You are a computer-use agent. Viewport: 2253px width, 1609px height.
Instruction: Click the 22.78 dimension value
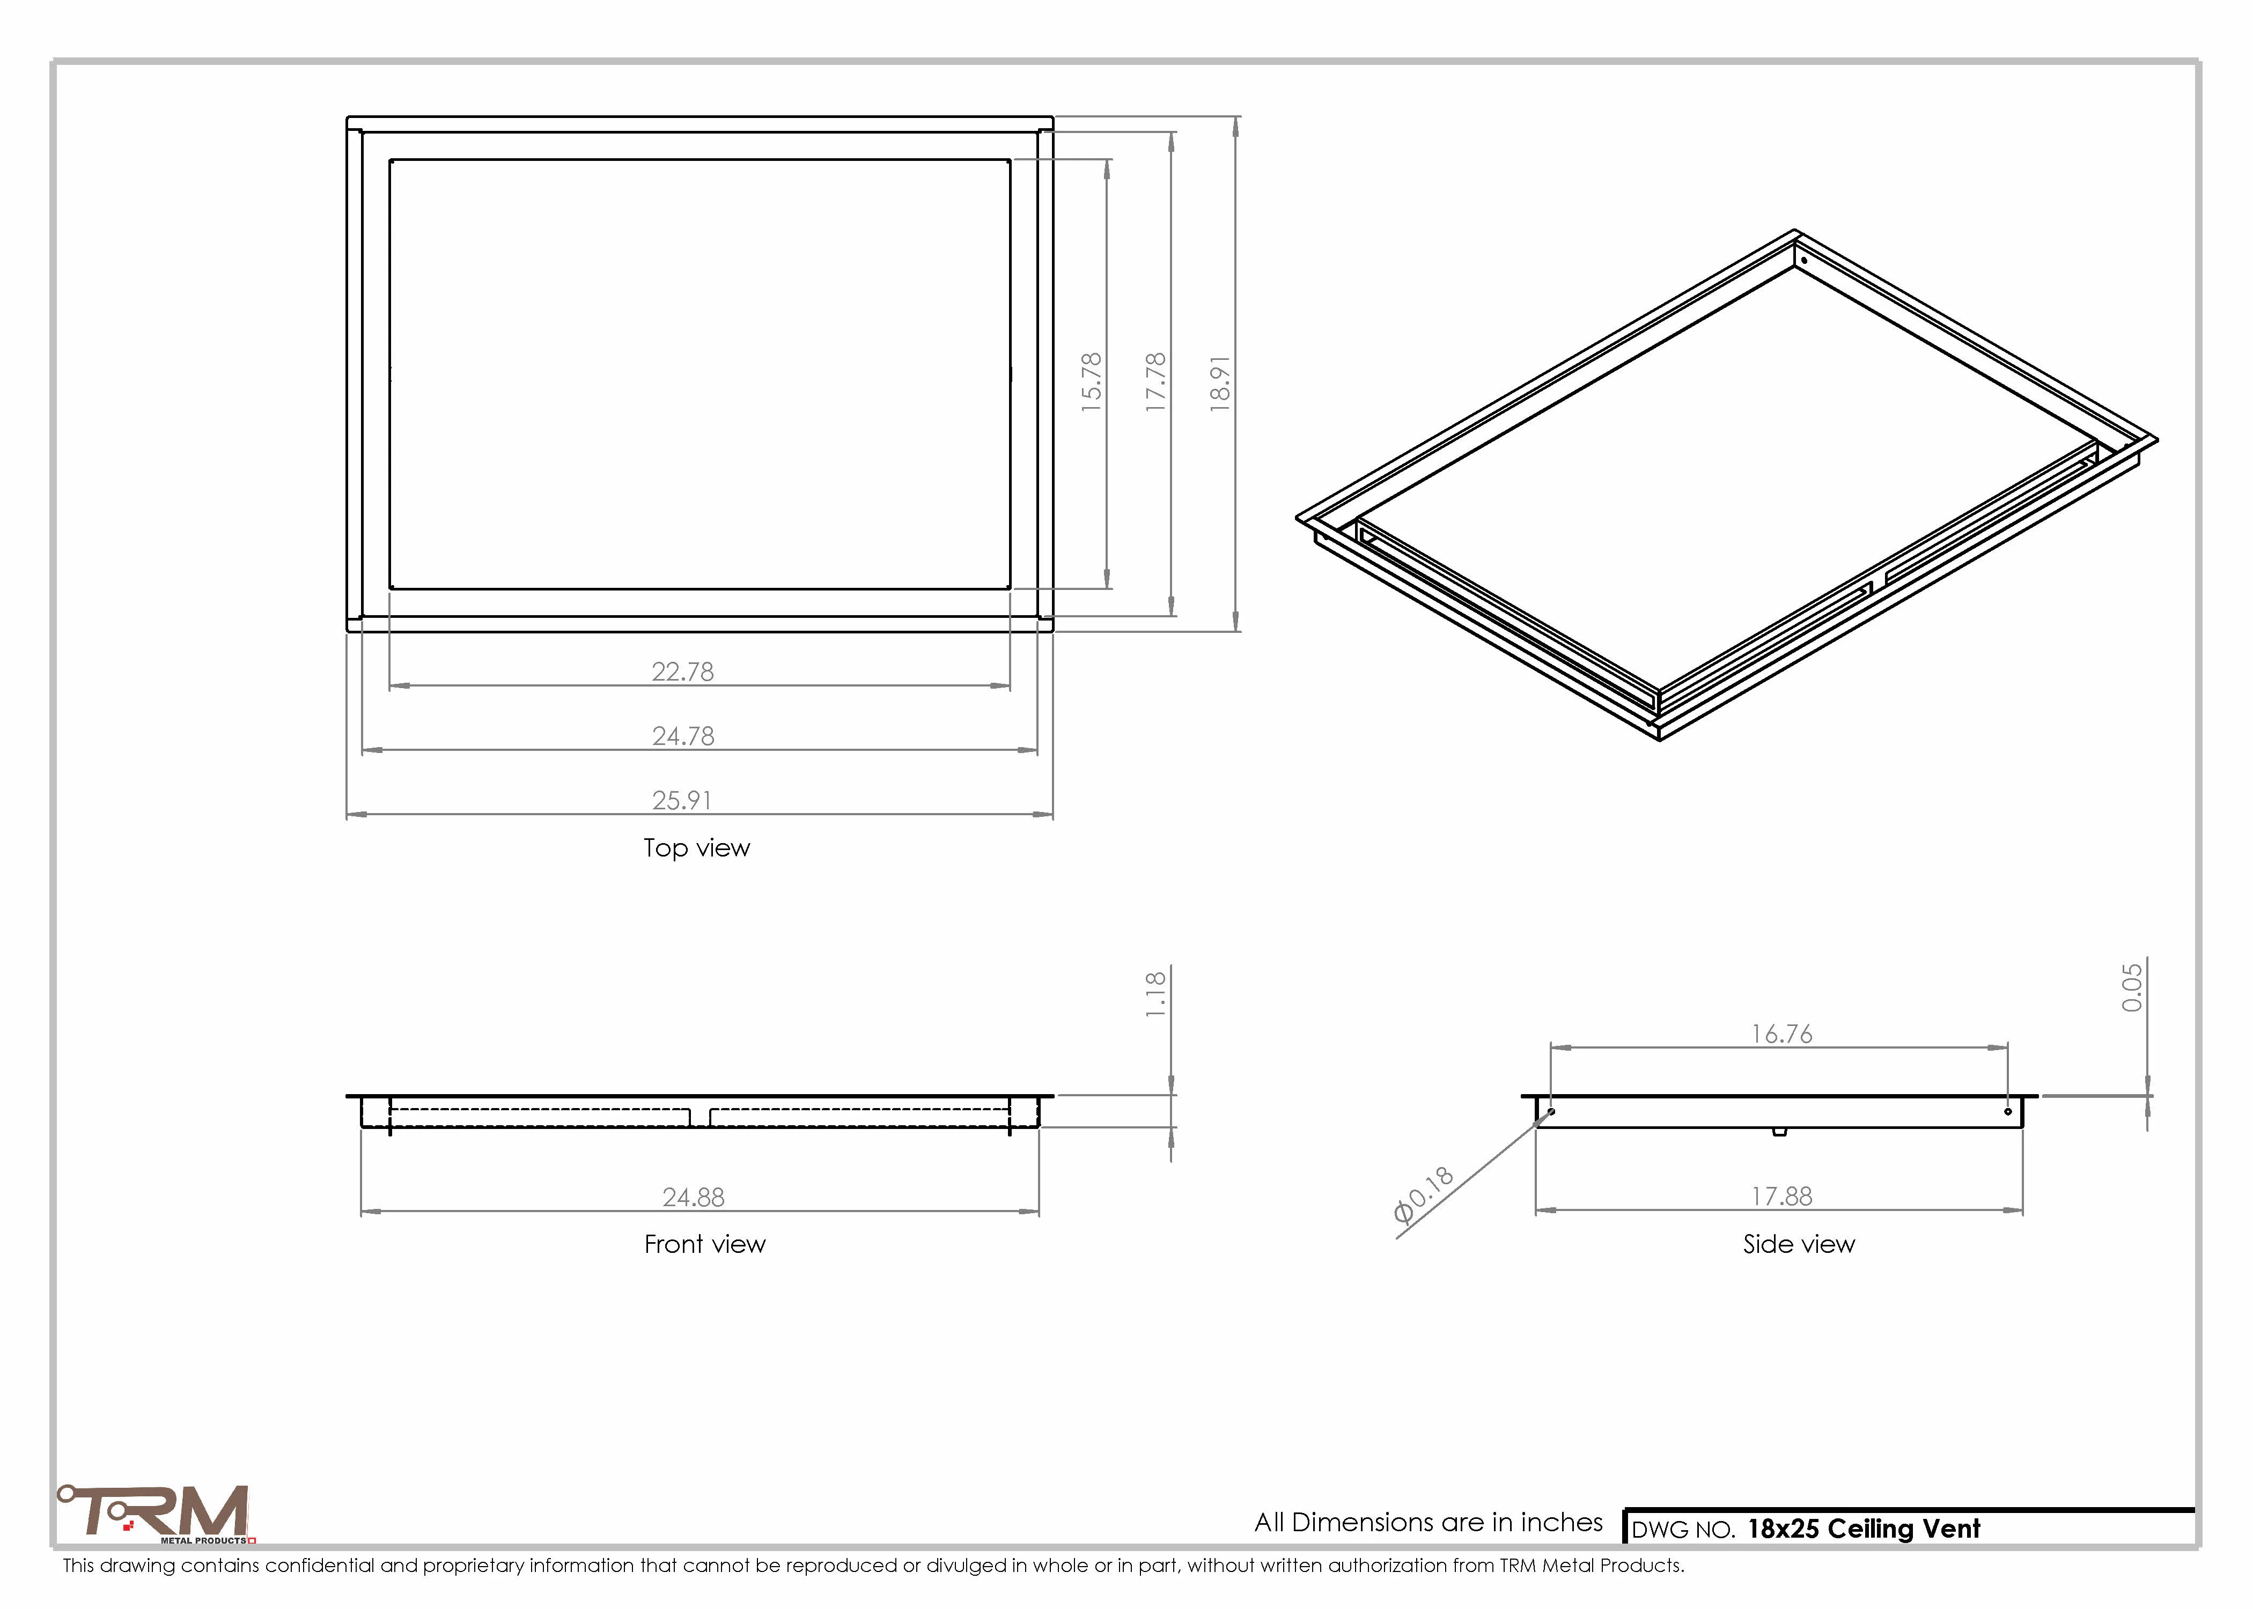click(x=683, y=671)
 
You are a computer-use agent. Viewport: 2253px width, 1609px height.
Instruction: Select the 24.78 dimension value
click(x=683, y=736)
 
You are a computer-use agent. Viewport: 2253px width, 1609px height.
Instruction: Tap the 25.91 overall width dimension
click(x=682, y=801)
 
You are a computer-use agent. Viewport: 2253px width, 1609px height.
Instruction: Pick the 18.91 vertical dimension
click(x=1220, y=383)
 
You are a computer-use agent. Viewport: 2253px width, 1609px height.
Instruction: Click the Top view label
click(x=696, y=848)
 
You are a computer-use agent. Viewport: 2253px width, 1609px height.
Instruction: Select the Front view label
click(x=704, y=1244)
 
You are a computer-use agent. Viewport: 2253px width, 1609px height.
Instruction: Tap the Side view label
click(x=1798, y=1244)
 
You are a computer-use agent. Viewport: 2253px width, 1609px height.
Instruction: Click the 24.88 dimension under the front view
click(x=694, y=1198)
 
